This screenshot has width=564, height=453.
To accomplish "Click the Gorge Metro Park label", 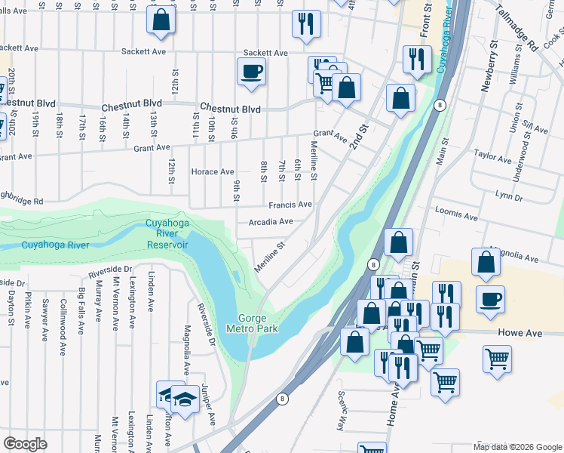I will pos(252,323).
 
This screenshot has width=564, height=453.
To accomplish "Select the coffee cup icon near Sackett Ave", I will pos(251,72).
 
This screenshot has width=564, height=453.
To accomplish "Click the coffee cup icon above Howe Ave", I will pos(490,298).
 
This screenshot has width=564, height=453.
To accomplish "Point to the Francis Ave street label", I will pos(290,205).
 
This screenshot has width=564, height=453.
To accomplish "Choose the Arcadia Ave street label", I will pos(271,222).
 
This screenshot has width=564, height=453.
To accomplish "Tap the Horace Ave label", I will pos(213,172).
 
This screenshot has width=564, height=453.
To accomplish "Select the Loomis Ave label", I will pos(455,217).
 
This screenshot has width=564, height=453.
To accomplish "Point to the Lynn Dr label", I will pos(508,197).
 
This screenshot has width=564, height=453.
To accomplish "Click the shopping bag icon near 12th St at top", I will pos(161,21).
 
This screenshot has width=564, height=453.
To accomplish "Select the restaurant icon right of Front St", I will pos(415,59).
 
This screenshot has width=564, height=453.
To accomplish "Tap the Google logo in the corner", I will pos(26,444).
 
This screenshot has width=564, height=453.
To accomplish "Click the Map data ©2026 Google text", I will pos(517,447).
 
